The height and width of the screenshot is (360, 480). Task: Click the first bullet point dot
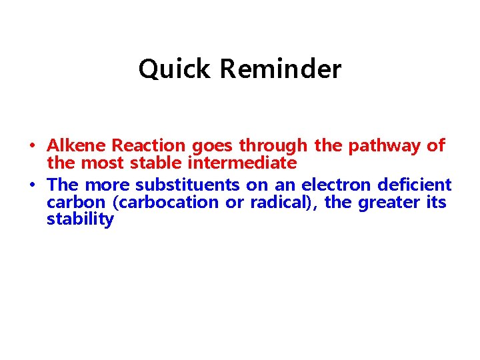click(x=32, y=145)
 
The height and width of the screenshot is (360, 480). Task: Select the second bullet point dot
click(x=32, y=185)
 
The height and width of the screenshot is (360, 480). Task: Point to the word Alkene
click(x=77, y=145)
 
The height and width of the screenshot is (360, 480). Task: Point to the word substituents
click(x=187, y=185)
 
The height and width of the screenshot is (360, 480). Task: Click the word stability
click(x=80, y=220)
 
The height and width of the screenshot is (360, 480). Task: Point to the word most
click(x=102, y=163)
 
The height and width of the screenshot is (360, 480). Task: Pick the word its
click(x=435, y=203)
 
